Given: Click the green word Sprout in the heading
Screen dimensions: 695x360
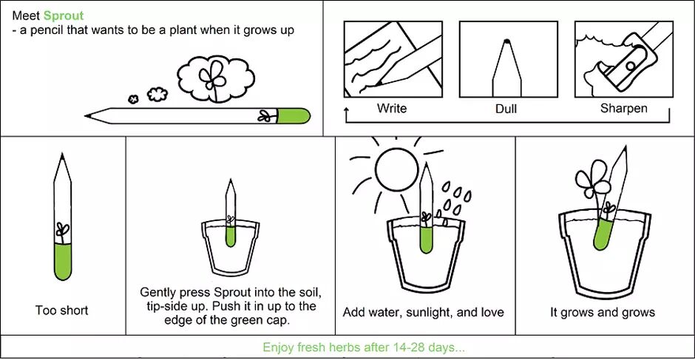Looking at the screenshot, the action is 64,16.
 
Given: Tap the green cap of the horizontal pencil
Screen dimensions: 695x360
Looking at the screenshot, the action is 294,116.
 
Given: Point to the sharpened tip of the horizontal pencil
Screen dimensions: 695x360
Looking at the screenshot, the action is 87,116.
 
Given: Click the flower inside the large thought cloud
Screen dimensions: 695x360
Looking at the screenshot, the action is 212,76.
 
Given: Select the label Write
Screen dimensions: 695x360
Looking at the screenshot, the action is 392,108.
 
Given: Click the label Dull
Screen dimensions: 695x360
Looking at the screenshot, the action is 506,109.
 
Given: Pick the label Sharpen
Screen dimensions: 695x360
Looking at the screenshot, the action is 623,109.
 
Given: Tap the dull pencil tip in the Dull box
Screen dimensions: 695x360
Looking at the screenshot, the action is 507,41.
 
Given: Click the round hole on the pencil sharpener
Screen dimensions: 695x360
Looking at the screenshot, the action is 631,66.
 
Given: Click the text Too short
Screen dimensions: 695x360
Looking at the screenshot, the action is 62,310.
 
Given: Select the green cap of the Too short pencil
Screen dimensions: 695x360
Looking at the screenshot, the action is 63,262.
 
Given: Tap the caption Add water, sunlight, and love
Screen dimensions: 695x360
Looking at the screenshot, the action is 424,313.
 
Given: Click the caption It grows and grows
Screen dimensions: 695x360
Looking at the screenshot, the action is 603,313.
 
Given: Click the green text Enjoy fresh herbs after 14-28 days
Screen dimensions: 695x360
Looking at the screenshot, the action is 364,347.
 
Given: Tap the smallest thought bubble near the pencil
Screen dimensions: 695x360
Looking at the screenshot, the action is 133,99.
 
